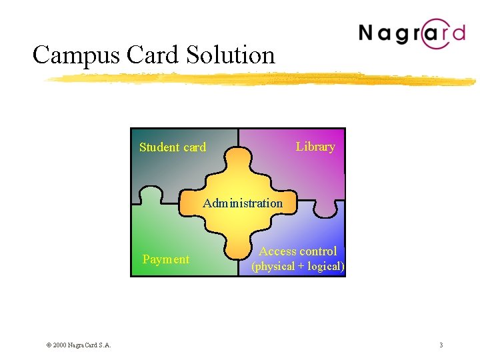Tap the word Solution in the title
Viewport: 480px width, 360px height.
pyautogui.click(x=227, y=55)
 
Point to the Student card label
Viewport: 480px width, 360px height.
pyautogui.click(x=173, y=147)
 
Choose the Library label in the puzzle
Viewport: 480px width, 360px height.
pyautogui.click(x=315, y=147)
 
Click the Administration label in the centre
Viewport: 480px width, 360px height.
pyautogui.click(x=243, y=203)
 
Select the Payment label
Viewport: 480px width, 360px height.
pyautogui.click(x=166, y=259)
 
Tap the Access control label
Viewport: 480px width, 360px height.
pyautogui.click(x=298, y=251)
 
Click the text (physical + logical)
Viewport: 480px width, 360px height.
pyautogui.click(x=297, y=267)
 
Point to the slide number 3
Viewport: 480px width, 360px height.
pyautogui.click(x=441, y=345)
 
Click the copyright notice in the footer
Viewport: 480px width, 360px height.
pyautogui.click(x=78, y=345)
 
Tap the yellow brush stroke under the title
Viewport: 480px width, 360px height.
pyautogui.click(x=260, y=79)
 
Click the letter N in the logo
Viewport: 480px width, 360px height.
pyautogui.click(x=369, y=33)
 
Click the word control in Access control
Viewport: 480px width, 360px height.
pyautogui.click(x=317, y=251)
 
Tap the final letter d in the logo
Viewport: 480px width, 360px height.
pyautogui.click(x=458, y=32)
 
